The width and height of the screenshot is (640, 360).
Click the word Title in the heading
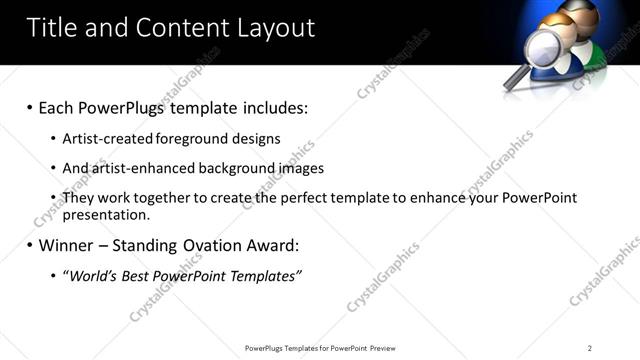click(x=51, y=27)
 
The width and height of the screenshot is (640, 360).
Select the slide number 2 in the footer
click(x=590, y=348)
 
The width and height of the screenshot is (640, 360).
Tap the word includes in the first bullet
click(x=267, y=107)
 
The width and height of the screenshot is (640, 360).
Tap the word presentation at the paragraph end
click(x=105, y=214)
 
